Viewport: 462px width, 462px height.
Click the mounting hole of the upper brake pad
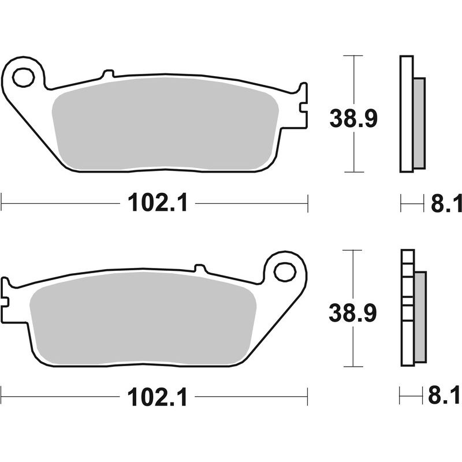point(24,77)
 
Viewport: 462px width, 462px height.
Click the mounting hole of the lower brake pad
point(284,271)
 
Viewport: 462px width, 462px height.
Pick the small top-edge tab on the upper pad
point(107,74)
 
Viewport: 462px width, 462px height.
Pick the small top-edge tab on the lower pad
point(200,269)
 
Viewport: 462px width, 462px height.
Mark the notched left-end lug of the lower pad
point(6,293)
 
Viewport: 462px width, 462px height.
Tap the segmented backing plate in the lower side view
point(407,309)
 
